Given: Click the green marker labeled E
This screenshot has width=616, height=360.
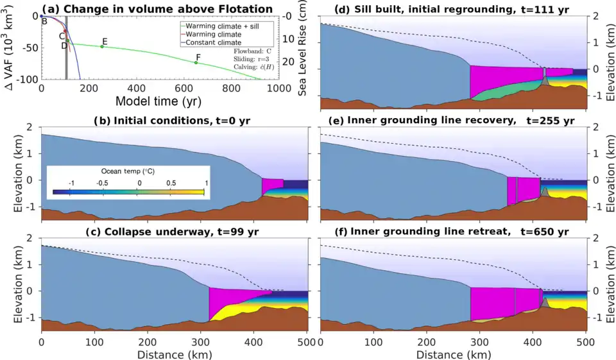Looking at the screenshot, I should (x=101, y=46).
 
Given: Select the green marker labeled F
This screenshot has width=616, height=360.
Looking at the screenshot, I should (x=196, y=62).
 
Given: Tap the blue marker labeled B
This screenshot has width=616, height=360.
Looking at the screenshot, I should (x=42, y=16).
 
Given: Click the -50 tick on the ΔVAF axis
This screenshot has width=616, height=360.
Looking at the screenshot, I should (x=28, y=47).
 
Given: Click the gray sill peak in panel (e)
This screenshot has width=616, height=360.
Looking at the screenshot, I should (x=544, y=191).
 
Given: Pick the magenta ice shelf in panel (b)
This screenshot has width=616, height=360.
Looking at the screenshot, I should (x=272, y=186).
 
